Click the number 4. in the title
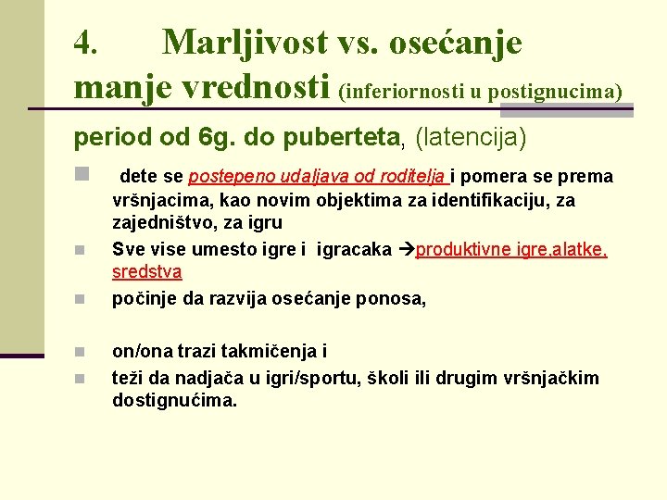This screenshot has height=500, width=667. click(x=86, y=43)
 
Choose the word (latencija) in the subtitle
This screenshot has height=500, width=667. click(x=470, y=138)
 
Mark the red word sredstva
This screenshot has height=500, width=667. click(x=146, y=272)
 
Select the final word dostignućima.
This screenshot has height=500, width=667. click(x=174, y=401)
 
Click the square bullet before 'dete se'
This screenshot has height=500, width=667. click(x=81, y=174)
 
